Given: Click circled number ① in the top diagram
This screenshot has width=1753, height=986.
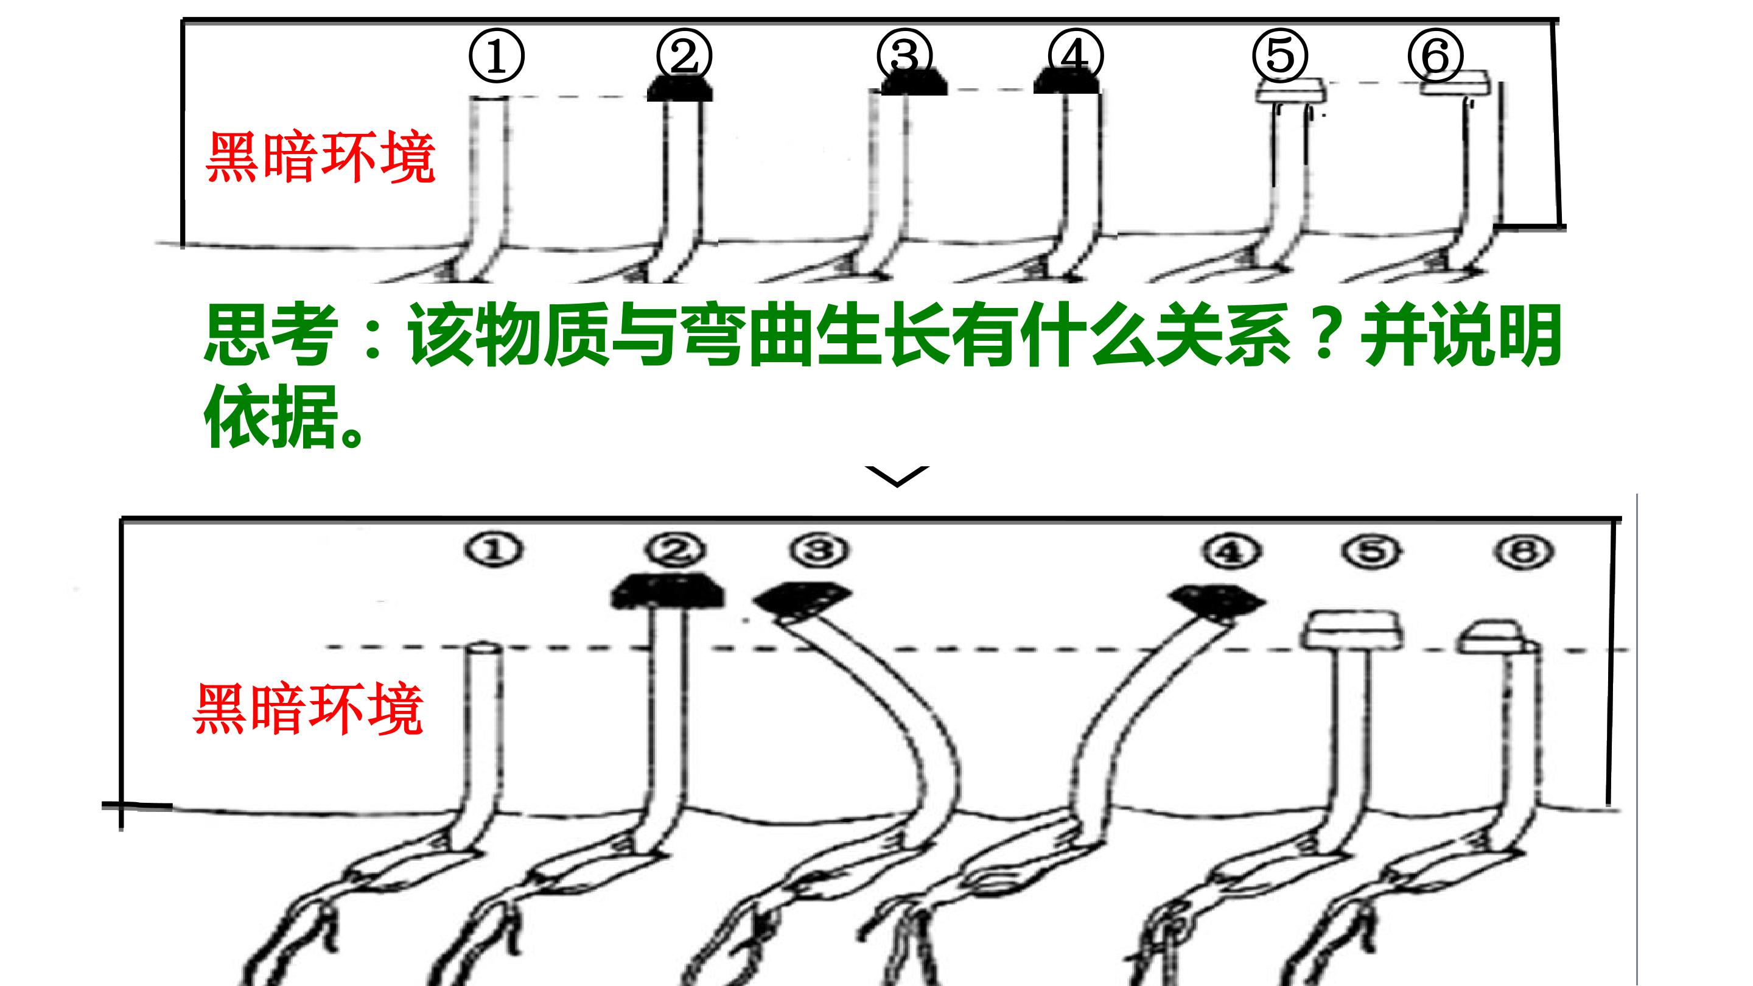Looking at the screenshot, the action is coord(497,56).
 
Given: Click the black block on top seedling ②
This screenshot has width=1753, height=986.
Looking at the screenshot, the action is coord(680,87).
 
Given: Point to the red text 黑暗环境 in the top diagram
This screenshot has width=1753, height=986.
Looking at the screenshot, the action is coord(320,157).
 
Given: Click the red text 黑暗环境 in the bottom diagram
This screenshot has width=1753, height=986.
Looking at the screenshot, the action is coord(308,709).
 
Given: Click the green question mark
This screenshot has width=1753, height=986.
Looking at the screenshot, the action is coord(1324,335).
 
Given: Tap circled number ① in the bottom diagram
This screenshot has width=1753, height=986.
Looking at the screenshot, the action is coord(494,550).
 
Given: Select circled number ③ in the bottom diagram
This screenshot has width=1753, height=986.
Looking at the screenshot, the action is coord(819,550).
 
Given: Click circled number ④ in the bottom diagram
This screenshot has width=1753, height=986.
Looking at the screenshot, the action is coord(1232,550).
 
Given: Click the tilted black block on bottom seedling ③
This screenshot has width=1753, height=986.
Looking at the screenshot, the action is coord(802,601).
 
